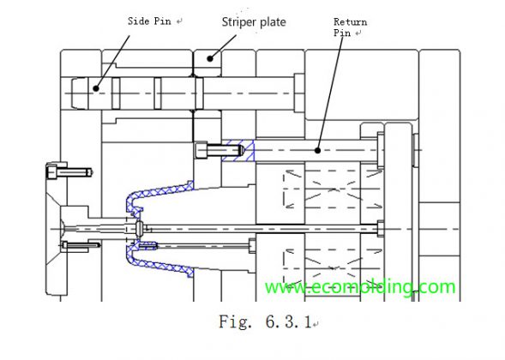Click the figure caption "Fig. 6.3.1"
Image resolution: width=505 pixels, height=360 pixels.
(x=263, y=324)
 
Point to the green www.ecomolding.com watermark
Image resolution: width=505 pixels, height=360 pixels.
(x=360, y=286)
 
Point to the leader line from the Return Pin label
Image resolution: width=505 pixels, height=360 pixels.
(x=330, y=94)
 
